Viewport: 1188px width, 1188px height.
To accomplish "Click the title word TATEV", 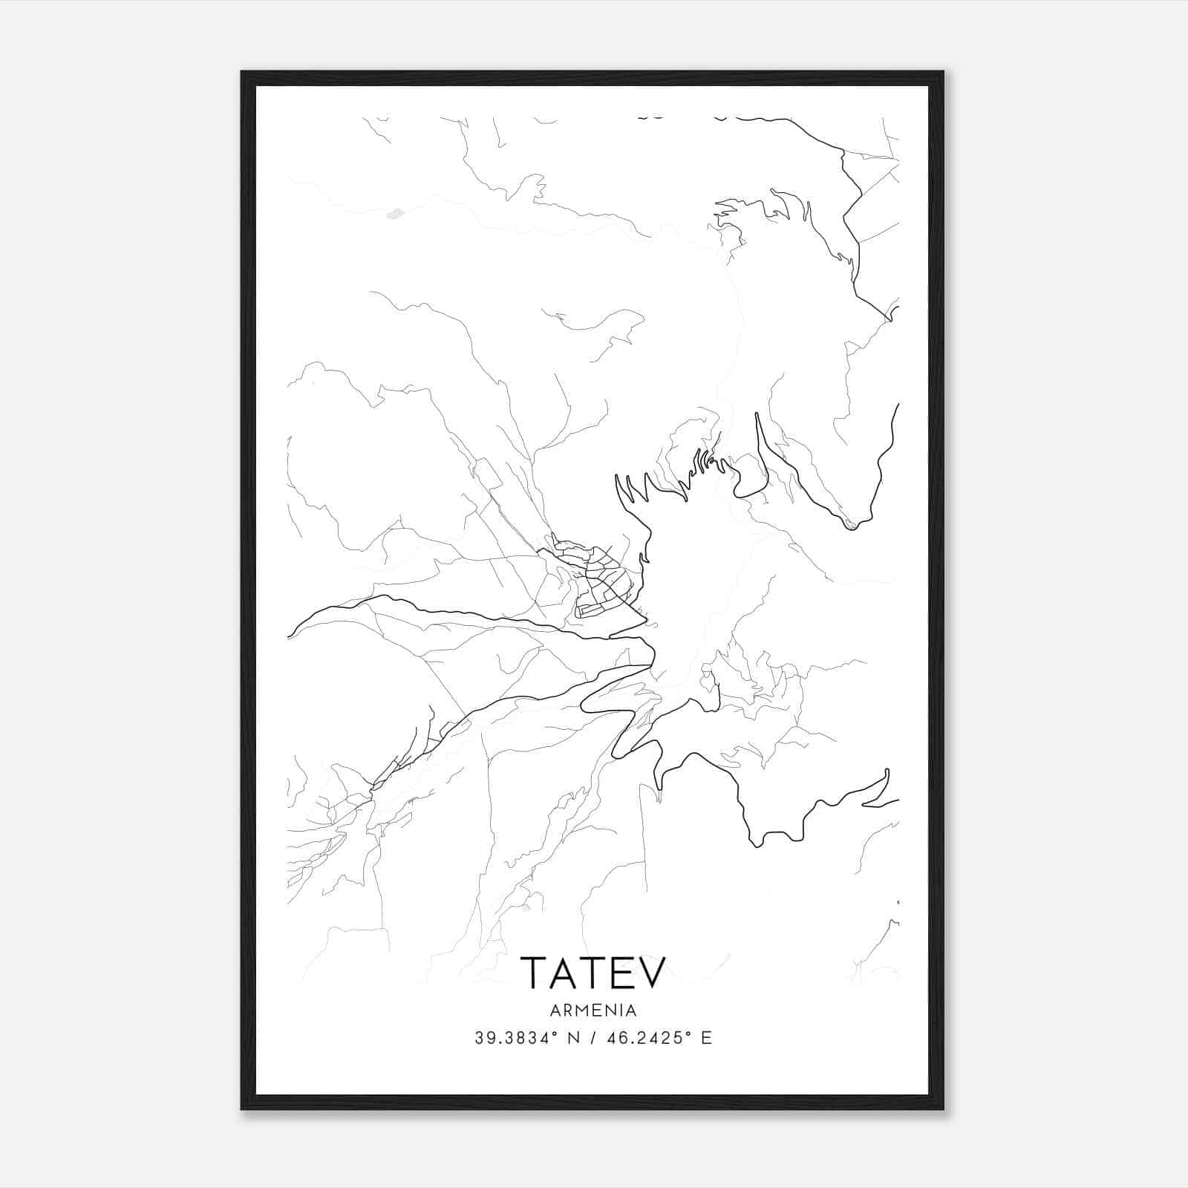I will point(593,972).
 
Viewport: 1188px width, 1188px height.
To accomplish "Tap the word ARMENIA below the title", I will point(593,1011).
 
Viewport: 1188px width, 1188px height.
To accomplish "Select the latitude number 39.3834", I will point(512,1038).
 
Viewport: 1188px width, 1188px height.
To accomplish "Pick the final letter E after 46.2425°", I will point(706,1038).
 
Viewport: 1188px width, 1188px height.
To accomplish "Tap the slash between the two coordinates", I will point(590,1038).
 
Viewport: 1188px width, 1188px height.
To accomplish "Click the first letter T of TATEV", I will point(534,972).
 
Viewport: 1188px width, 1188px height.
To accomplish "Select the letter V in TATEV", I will point(650,972).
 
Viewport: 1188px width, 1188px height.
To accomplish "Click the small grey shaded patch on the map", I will point(395,214).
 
